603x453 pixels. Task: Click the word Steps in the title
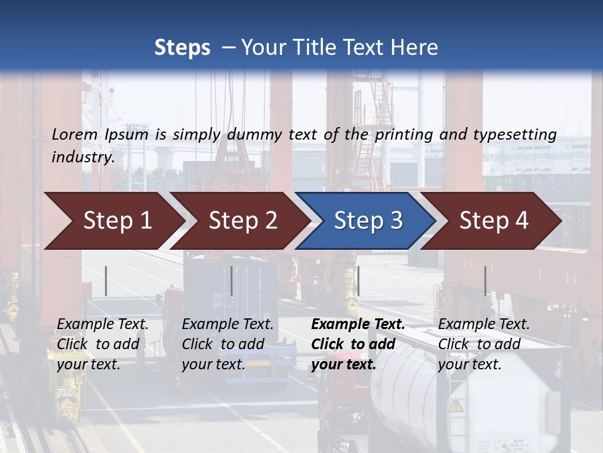point(182,48)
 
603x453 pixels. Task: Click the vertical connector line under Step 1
point(106,281)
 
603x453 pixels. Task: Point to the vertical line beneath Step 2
point(232,281)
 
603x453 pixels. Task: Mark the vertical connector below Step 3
point(358,281)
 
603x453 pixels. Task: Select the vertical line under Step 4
point(485,281)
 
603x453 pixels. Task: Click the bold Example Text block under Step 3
point(358,344)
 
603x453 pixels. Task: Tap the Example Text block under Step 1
point(102,344)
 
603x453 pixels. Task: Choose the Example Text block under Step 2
point(227,344)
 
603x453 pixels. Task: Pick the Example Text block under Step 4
point(484,344)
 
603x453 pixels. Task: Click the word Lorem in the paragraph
point(75,134)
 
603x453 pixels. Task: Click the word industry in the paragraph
point(82,157)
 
